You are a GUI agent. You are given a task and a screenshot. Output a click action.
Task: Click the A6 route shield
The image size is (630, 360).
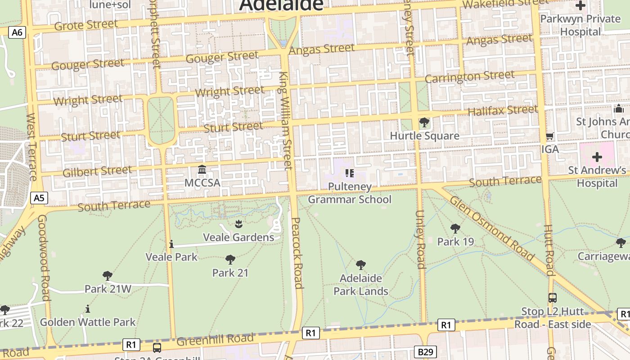coord(17,32)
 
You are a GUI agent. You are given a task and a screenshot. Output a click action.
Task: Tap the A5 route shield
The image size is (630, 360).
coord(39,198)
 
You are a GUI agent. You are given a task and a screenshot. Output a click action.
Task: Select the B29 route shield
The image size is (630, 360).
coord(425,351)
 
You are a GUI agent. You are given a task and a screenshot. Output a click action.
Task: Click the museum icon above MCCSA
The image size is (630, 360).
coord(202,170)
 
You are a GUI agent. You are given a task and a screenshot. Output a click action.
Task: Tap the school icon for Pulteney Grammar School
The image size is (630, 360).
coord(349,173)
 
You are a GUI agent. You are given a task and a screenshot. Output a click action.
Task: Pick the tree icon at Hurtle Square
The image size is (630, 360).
coord(424,122)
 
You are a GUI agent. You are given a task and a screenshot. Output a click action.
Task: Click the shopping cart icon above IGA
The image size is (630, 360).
coord(549,136)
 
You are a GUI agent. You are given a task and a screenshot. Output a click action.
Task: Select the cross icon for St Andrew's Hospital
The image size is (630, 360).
coord(597,157)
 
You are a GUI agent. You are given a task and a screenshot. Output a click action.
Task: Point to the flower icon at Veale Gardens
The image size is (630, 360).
coord(238,223)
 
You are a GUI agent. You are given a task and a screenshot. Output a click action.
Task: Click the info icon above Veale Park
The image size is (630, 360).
coord(171,244)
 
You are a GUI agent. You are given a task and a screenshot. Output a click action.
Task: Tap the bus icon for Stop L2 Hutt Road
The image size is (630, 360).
coord(552,297)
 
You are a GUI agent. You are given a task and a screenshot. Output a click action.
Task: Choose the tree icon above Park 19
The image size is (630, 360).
coord(455,228)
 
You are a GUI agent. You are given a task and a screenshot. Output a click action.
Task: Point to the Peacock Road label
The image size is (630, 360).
coord(297,252)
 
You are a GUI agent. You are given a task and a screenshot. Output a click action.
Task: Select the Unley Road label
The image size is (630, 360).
coord(420,239)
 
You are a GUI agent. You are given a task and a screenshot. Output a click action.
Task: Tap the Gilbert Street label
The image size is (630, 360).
coord(97,171)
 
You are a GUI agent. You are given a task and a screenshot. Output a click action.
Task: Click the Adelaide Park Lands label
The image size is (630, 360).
coord(360,284)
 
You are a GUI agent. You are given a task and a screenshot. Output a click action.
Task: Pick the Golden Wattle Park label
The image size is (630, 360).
coord(88,322)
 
